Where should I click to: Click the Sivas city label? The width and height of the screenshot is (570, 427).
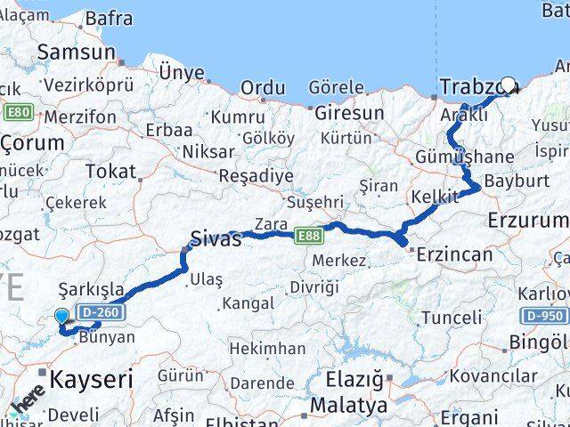[x=216, y=238]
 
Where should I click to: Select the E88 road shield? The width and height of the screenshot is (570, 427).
[x=308, y=235]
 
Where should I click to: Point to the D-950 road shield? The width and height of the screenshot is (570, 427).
[x=541, y=316]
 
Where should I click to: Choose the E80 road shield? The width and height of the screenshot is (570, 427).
[x=17, y=112]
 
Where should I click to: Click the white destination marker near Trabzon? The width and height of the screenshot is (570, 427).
[x=508, y=85]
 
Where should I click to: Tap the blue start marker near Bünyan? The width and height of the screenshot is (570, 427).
[x=61, y=316]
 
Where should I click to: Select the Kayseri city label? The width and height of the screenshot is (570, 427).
[x=91, y=380]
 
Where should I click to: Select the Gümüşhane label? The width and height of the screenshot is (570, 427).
[x=464, y=157]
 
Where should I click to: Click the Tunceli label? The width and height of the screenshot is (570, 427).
[x=452, y=318]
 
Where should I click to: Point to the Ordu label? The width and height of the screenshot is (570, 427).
[x=263, y=88]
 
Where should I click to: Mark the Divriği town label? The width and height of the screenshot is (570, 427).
[x=313, y=287]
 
